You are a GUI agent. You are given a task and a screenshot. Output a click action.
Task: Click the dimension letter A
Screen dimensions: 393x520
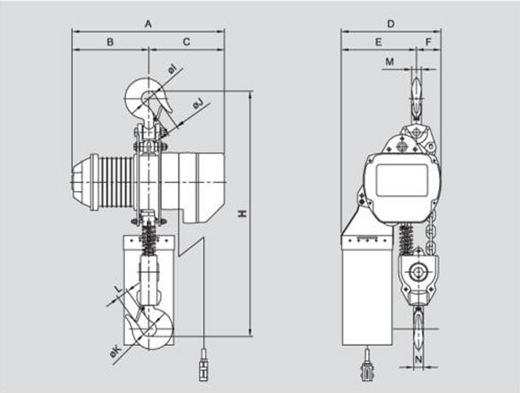(148, 24)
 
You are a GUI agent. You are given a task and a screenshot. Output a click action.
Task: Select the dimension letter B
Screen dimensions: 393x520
(111, 42)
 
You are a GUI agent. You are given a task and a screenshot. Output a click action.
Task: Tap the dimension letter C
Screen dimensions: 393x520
(186, 42)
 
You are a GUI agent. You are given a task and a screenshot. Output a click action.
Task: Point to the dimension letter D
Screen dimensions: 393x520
(391, 24)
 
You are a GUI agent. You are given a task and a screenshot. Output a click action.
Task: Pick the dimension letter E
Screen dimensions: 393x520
(378, 42)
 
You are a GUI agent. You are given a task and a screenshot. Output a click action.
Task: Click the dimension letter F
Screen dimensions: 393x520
(428, 42)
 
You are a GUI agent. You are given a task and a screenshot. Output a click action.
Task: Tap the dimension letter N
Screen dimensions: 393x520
(418, 358)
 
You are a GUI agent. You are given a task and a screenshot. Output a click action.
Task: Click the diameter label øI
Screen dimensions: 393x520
(172, 70)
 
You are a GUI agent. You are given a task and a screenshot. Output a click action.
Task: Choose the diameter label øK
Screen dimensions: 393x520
(116, 352)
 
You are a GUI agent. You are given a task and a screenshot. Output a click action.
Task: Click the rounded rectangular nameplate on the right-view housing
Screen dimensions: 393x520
(401, 180)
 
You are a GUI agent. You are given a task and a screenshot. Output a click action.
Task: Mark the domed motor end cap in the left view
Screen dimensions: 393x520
(84, 182)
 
